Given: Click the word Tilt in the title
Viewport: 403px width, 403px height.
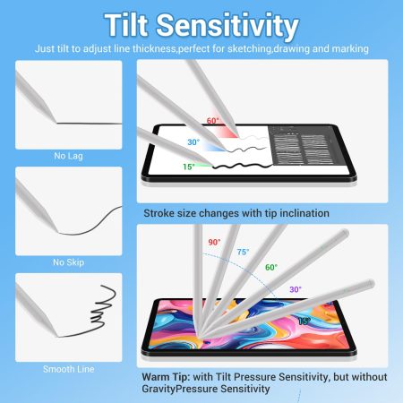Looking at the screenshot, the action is (x=126, y=25).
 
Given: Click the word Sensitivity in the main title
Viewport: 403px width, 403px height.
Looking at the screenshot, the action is (x=227, y=26).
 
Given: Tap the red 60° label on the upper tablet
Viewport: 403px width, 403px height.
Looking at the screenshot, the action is (x=212, y=121).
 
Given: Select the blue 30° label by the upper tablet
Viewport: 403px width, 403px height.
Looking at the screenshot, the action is (x=193, y=142).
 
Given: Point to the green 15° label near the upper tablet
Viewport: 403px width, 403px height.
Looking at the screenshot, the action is (x=189, y=167).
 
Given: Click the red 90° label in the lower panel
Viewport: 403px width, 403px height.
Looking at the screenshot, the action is (x=214, y=242).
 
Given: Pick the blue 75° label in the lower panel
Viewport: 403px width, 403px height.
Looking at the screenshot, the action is (x=243, y=253).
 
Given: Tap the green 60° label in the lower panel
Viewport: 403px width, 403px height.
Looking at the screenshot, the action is (x=271, y=267).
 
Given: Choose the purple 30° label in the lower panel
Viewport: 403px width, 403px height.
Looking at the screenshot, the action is (x=296, y=289).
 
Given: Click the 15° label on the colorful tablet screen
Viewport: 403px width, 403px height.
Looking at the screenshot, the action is (x=304, y=322).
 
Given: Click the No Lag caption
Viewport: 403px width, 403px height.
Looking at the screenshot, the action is (x=68, y=156).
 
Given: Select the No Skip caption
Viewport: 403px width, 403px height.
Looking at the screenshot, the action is (x=68, y=262).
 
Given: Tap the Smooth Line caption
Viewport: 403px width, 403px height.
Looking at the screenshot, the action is (x=69, y=369).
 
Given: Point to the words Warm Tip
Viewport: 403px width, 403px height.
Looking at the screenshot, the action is (x=166, y=377).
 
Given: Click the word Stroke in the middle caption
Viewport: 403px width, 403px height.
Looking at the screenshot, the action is (x=159, y=213).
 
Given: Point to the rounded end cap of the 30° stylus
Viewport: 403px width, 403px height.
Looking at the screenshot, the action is (x=371, y=283).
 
